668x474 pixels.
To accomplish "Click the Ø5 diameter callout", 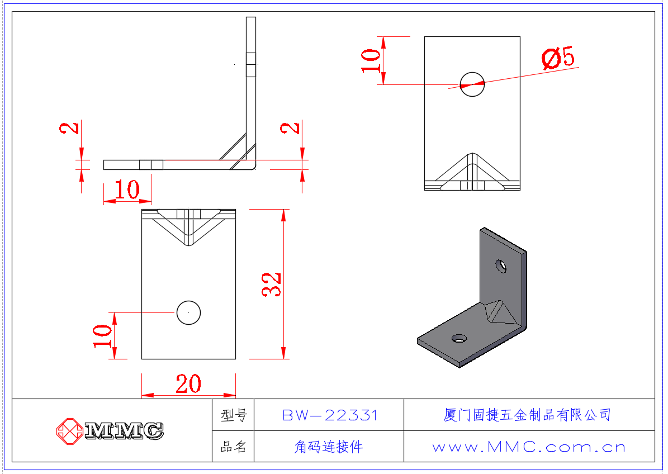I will click(x=558, y=58).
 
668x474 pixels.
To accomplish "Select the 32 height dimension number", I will click(x=272, y=284).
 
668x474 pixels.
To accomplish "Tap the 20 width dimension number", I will click(x=188, y=384).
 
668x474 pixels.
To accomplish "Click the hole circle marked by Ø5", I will click(x=472, y=84).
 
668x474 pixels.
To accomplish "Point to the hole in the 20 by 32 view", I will click(x=188, y=312).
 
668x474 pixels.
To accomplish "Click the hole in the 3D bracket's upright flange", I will click(x=501, y=266).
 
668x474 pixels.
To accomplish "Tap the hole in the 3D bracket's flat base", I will click(x=459, y=338).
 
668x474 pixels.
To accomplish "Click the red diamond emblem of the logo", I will click(x=69, y=430).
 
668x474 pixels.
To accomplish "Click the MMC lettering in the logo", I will click(x=124, y=430).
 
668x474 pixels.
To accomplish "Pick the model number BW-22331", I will click(x=330, y=415).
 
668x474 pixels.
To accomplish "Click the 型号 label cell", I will click(x=234, y=415).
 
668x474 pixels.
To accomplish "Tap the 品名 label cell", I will click(x=234, y=447).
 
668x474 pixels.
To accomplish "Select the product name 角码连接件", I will click(x=329, y=447).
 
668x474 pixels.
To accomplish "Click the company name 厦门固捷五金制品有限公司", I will click(x=527, y=415).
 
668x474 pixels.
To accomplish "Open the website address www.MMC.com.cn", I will click(x=529, y=447).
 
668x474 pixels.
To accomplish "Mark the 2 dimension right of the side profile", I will click(x=290, y=127).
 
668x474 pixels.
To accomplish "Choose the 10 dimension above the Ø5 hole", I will click(x=371, y=60).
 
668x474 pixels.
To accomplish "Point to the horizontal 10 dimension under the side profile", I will click(x=127, y=190).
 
